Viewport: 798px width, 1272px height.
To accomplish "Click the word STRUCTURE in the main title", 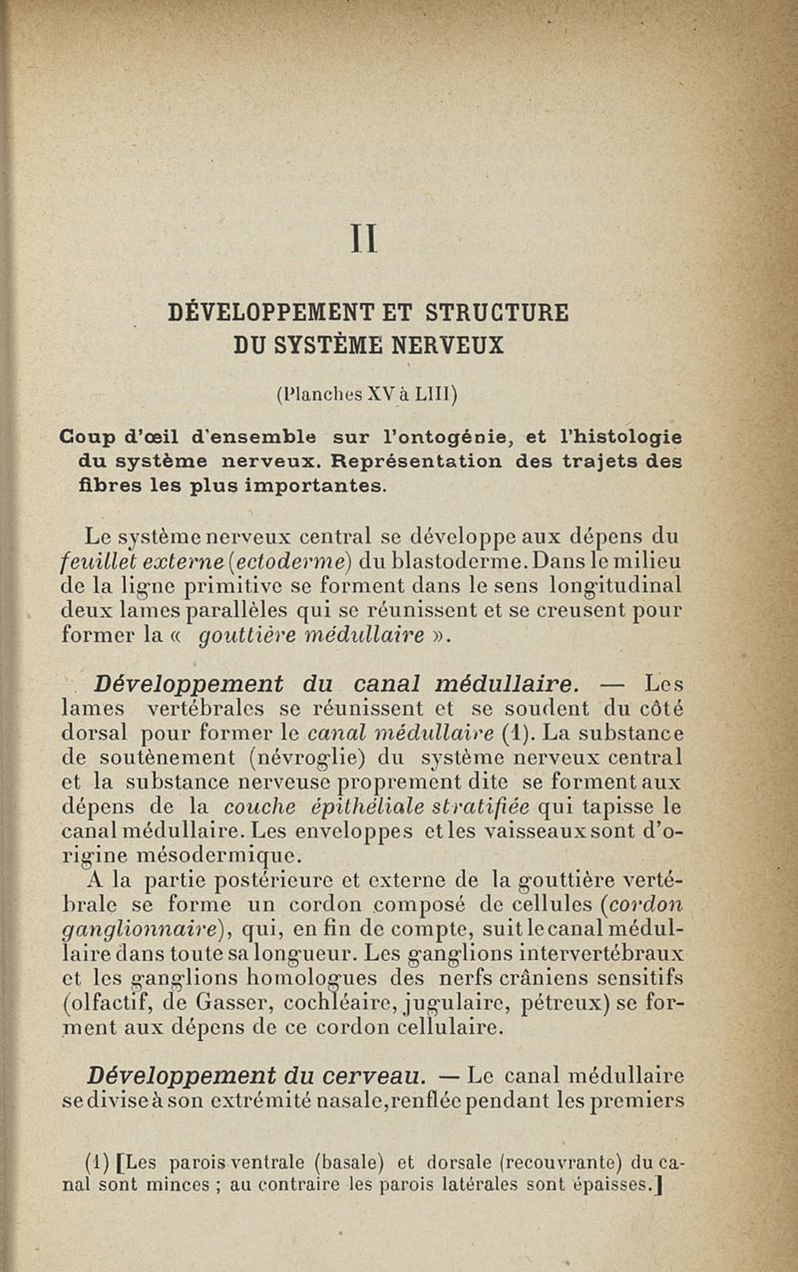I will coord(497,312).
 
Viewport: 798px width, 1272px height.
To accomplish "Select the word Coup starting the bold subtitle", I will coord(89,438).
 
